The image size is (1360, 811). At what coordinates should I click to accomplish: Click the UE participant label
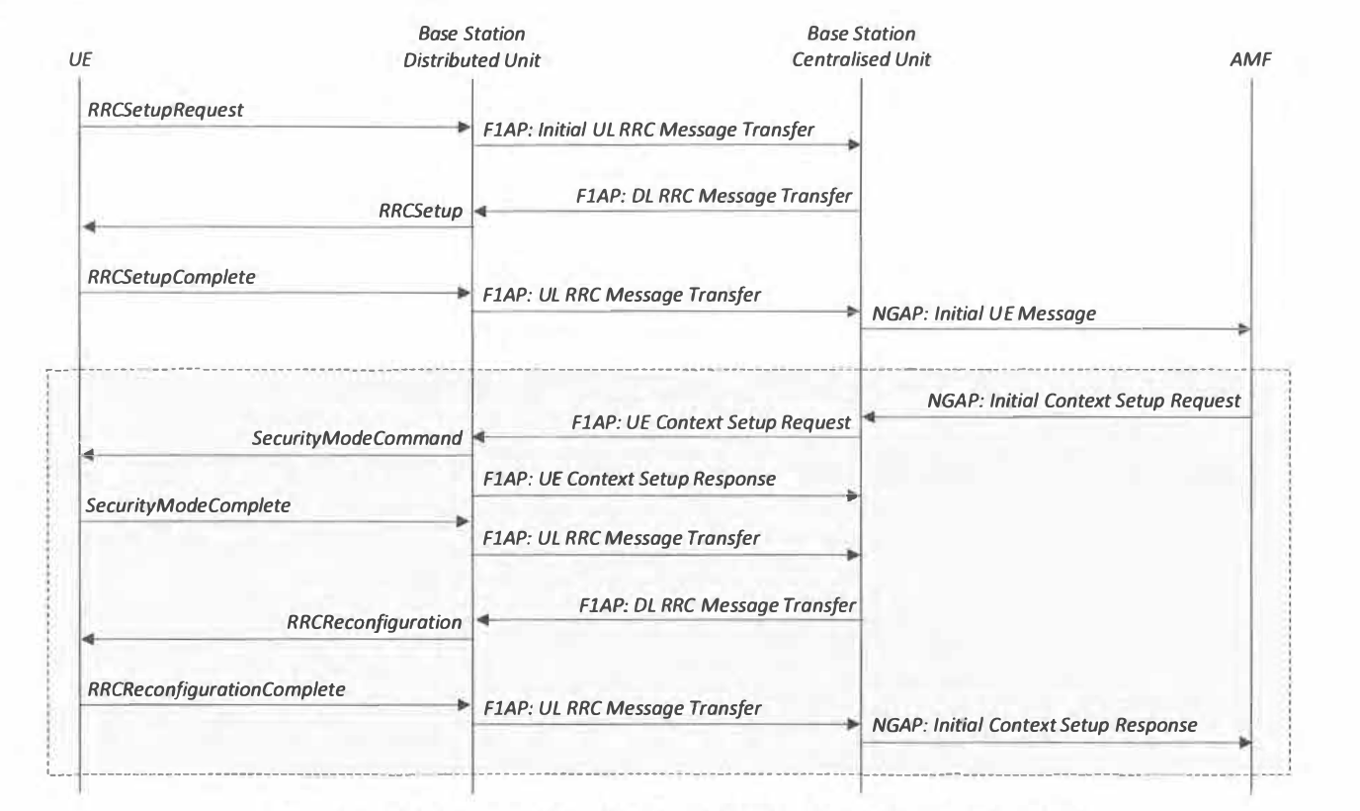[x=80, y=59]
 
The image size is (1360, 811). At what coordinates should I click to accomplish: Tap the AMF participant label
[x=1250, y=59]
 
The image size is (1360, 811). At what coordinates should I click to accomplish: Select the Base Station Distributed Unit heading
[x=471, y=46]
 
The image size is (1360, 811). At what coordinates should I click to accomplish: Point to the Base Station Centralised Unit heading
[x=861, y=46]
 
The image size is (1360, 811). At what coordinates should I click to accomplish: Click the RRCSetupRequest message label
[x=165, y=110]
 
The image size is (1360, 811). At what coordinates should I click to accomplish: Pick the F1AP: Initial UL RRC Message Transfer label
[x=648, y=130]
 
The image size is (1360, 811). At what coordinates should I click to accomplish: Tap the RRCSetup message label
[x=420, y=211]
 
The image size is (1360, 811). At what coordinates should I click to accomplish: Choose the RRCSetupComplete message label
[x=171, y=277]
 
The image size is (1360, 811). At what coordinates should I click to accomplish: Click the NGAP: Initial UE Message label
[x=983, y=314]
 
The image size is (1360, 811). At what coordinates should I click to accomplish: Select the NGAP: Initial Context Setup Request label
[x=1083, y=401]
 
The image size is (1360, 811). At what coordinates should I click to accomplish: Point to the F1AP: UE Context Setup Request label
[x=711, y=422]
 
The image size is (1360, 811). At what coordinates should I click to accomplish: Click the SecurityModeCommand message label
[x=357, y=438]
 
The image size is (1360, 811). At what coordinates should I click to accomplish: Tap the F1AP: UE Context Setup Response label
[x=629, y=479]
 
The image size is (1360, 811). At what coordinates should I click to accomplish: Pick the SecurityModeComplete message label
[x=188, y=505]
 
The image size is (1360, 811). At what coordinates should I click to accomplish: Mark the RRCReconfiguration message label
[x=374, y=622]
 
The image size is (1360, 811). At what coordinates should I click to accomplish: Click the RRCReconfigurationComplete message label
[x=216, y=689]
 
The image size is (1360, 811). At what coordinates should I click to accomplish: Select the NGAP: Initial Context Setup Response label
[x=1034, y=725]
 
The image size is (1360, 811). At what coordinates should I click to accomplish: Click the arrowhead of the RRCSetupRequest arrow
[x=465, y=127]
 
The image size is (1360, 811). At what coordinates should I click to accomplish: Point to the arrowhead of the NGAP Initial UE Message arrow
[x=1243, y=329]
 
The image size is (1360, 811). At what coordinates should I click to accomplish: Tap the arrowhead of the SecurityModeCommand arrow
[x=88, y=454]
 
